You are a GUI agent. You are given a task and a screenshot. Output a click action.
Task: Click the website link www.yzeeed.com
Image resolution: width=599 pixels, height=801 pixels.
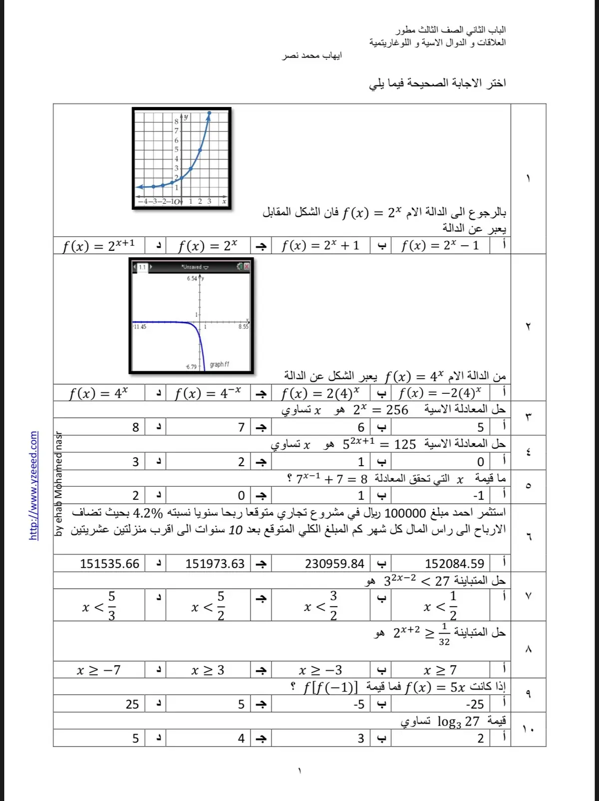(33, 485)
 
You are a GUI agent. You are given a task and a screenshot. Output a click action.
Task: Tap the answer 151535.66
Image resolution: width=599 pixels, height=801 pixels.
(109, 564)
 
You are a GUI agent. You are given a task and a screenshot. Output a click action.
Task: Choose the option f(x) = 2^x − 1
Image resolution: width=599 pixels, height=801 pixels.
(440, 245)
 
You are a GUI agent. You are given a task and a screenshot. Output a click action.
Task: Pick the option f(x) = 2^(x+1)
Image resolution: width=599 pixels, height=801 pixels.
(99, 245)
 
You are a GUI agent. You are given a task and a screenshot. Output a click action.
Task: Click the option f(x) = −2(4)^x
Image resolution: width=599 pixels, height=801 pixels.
(440, 393)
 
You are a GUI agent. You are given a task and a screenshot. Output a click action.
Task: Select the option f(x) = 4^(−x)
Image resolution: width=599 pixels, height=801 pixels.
(208, 393)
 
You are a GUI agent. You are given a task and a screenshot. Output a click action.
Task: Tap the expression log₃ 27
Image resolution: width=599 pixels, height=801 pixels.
(458, 721)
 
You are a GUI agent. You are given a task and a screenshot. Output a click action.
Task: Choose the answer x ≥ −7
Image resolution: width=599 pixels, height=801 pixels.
(99, 670)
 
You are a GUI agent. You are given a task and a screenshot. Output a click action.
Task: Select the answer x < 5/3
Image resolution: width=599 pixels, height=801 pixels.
(99, 606)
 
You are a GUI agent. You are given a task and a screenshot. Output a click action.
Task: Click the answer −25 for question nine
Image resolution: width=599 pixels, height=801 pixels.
(474, 704)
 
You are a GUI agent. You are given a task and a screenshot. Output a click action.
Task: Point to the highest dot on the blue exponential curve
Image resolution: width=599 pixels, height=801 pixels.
(209, 113)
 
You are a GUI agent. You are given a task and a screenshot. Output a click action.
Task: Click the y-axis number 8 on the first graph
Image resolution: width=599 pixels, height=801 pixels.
(176, 121)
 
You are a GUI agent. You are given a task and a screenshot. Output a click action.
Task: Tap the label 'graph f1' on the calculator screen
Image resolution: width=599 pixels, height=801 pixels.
(219, 364)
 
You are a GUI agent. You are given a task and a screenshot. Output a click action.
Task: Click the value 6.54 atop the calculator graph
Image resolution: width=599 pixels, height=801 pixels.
(192, 278)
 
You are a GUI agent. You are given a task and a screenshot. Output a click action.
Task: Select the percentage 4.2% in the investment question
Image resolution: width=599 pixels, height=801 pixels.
(148, 513)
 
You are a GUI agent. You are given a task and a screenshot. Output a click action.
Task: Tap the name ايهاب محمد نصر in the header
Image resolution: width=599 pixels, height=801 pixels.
(311, 55)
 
